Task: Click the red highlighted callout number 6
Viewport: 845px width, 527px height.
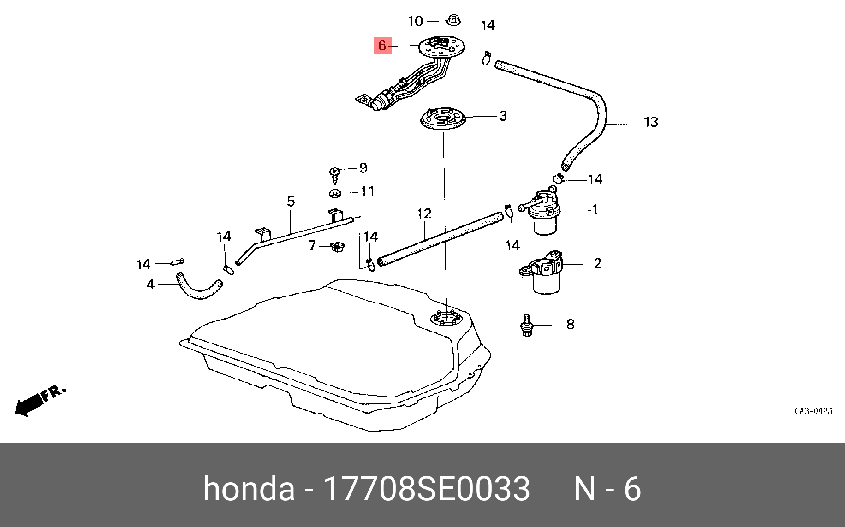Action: coord(382,45)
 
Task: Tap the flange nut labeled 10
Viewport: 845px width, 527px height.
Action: coord(454,20)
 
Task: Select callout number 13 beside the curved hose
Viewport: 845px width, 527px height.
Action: coord(650,122)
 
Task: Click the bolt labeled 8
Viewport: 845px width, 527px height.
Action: coord(526,325)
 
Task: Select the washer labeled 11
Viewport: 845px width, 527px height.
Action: coord(335,193)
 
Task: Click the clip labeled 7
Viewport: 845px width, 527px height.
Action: coord(338,247)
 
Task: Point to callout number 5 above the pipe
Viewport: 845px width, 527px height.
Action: coord(291,201)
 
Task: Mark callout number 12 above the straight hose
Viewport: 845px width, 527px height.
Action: coord(424,214)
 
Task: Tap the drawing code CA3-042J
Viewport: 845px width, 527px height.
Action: coord(813,411)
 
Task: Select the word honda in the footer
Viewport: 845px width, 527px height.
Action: coord(249,489)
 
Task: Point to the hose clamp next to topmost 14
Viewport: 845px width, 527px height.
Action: coord(487,58)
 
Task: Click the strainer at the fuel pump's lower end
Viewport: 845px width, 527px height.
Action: coord(364,99)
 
